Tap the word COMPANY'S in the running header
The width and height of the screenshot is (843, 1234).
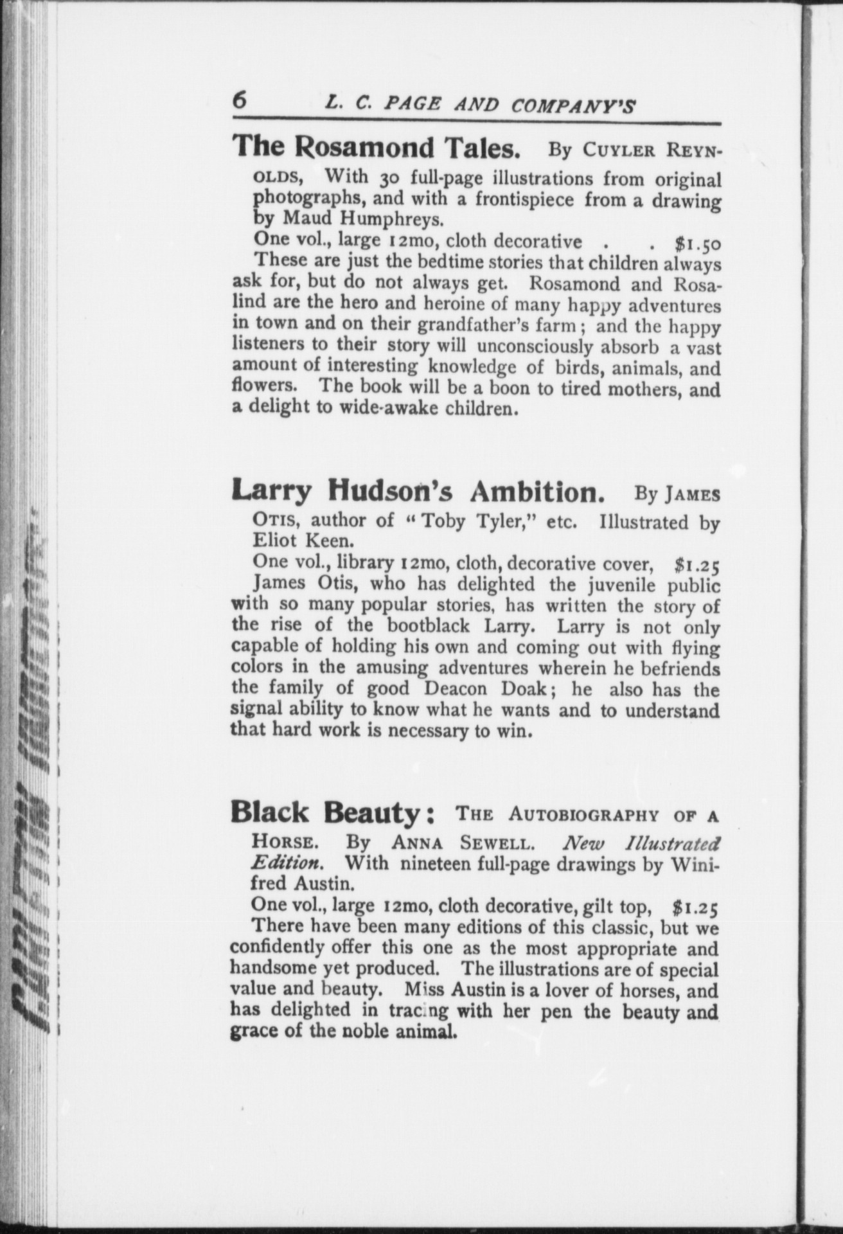click(573, 105)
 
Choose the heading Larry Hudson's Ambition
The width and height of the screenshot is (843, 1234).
click(418, 492)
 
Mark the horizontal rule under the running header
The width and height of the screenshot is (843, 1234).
click(476, 123)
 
